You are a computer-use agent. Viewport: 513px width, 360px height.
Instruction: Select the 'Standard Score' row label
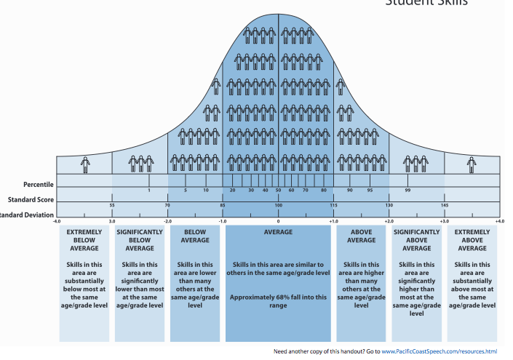point(29,199)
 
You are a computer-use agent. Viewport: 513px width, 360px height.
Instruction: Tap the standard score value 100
point(278,206)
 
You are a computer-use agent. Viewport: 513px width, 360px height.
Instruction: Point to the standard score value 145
point(444,206)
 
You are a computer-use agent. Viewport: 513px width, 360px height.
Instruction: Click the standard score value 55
point(112,206)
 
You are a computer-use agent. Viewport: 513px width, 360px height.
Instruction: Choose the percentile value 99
point(407,190)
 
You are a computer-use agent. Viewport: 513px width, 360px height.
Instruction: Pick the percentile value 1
point(149,190)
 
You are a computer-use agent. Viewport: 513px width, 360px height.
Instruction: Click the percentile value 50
point(278,190)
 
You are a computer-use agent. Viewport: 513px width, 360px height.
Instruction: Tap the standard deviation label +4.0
point(498,220)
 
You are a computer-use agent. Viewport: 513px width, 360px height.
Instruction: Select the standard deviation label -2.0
point(167,220)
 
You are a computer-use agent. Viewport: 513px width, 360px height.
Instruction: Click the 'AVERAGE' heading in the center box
point(278,232)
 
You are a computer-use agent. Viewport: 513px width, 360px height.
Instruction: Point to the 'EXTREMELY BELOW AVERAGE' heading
point(84,240)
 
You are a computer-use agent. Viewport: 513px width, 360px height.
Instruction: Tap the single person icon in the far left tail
point(85,164)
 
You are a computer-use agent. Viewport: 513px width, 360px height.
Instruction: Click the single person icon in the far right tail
point(471,164)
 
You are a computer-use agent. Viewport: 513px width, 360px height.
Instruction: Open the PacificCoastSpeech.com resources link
point(446,351)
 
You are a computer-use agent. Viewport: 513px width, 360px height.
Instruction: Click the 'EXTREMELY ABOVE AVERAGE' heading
point(472,240)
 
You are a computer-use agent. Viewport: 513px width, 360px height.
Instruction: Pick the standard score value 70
point(167,206)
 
